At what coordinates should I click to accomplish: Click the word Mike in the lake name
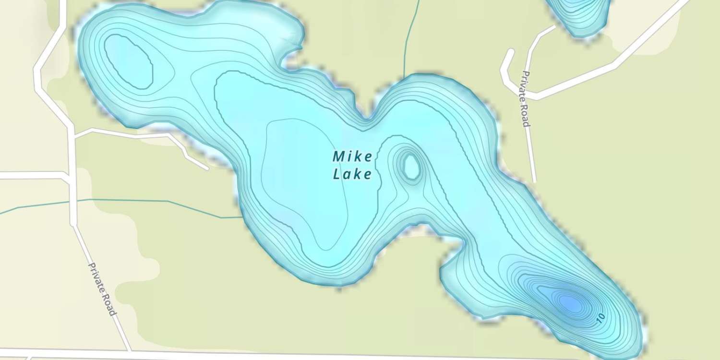click(353, 156)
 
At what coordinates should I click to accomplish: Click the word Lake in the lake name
click(353, 174)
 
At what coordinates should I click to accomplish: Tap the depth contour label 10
click(600, 318)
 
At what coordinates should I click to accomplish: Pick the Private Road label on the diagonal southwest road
click(102, 289)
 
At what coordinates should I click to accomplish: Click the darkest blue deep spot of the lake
click(571, 302)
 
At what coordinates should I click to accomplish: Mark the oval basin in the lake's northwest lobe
click(129, 61)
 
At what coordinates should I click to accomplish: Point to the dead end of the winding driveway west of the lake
click(206, 168)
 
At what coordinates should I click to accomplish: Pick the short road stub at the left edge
click(29, 175)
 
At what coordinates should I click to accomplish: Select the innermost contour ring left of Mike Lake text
click(307, 182)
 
